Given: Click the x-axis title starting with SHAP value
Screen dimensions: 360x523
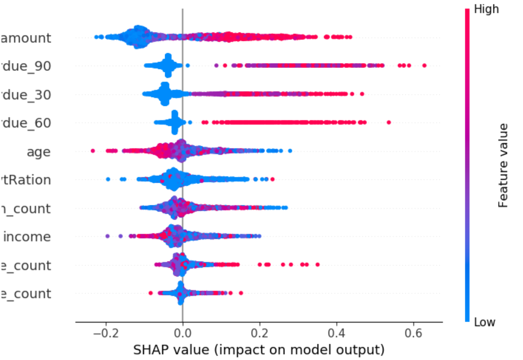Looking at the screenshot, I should pos(259,350).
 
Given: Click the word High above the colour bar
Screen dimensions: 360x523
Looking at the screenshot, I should pos(486,9).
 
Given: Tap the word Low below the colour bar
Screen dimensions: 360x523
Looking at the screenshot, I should pos(484,322).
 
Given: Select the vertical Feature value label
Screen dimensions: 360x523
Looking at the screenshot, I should pos(503,165).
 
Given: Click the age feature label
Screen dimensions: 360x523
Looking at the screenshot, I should pos(38,151).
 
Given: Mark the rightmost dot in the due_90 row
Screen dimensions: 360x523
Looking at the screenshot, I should pos(424,65).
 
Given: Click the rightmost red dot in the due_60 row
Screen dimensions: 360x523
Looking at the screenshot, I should pos(389,122).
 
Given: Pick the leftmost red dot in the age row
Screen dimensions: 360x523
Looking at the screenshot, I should pos(93,151).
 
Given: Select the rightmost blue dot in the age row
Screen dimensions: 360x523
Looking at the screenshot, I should pos(290,151).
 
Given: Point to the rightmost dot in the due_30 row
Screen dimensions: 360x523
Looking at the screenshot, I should pos(362,94).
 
